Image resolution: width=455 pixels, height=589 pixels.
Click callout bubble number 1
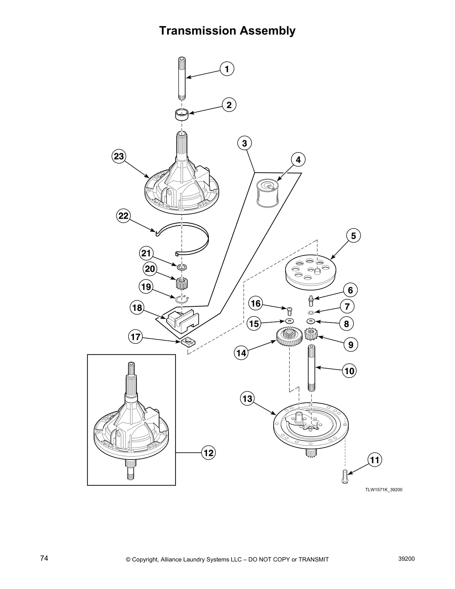point(227,69)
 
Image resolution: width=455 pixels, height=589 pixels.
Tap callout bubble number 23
point(119,157)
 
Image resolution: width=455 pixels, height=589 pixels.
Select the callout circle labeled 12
point(209,453)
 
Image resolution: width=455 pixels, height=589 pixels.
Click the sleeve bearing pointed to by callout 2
point(182,115)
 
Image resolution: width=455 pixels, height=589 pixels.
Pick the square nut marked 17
point(189,342)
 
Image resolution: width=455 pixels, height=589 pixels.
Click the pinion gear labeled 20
point(182,284)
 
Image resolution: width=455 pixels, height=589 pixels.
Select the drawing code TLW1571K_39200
point(383,489)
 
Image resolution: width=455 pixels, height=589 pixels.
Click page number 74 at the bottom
point(44,558)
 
